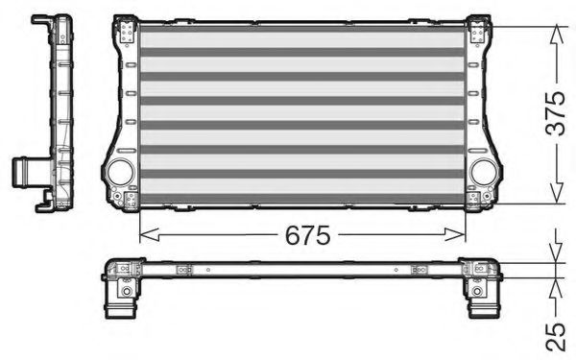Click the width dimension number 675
coord(306,234)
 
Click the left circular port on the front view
coord(121,173)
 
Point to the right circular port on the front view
coord(484,173)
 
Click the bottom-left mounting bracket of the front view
coord(127,200)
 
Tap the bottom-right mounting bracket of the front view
coord(477,200)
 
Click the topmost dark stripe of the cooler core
coord(302,30)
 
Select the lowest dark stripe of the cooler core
coord(302,198)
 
